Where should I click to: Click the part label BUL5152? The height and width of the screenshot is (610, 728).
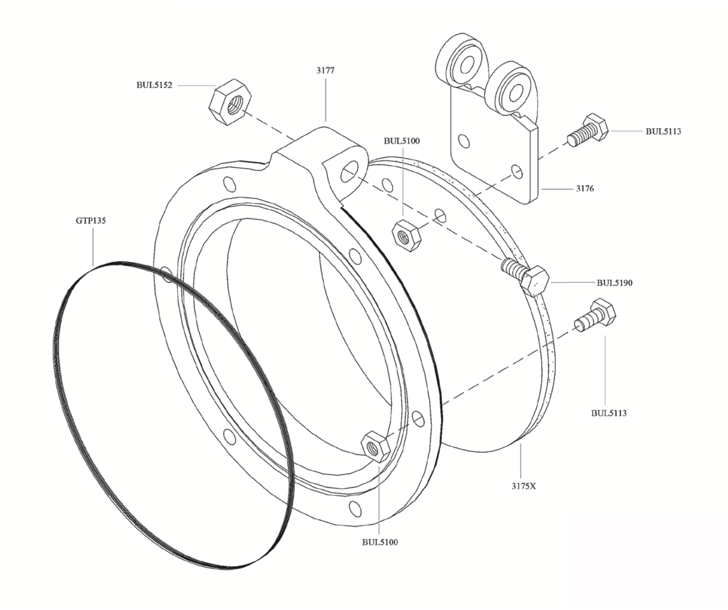tap(154, 85)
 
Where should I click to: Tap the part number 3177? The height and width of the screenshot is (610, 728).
tap(326, 71)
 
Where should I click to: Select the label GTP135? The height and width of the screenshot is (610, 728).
tap(91, 221)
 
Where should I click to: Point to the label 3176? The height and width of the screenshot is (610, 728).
tap(584, 189)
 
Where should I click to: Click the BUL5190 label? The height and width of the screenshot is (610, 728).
tap(615, 283)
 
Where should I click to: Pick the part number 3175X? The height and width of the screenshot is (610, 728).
tap(524, 486)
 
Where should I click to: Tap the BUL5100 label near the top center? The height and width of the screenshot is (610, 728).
tap(401, 141)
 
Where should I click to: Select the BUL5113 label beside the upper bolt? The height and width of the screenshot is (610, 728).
tap(663, 132)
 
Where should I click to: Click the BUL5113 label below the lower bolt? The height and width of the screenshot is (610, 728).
tap(609, 413)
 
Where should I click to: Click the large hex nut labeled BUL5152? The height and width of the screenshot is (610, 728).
tap(230, 102)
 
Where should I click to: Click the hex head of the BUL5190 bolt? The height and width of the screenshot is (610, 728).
tap(535, 281)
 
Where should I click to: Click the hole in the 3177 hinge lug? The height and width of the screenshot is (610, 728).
tap(349, 171)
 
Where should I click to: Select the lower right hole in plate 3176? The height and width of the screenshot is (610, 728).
tap(517, 172)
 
